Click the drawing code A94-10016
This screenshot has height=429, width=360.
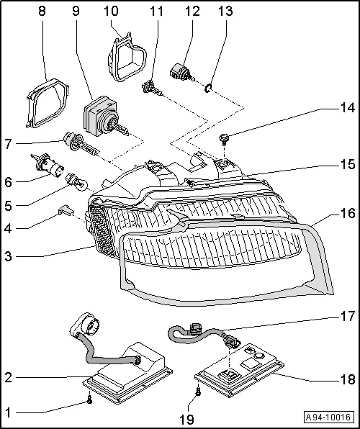329,416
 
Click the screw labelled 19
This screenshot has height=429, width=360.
197,392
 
